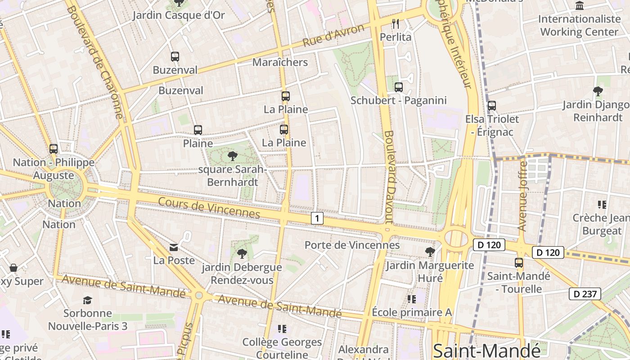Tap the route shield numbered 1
[x=317, y=219]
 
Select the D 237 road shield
[x=585, y=294]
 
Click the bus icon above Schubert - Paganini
[x=398, y=87]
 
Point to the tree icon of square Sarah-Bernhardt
[x=232, y=156]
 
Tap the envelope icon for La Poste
[x=174, y=247]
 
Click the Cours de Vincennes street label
[x=209, y=207]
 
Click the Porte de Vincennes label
[x=352, y=245]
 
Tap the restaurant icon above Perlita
[x=396, y=24]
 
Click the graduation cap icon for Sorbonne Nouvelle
[x=88, y=300]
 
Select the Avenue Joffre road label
[x=523, y=196]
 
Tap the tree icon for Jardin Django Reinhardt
[x=598, y=91]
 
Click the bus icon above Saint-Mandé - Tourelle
[x=519, y=262]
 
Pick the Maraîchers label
[x=280, y=62]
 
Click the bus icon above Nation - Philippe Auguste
[x=54, y=148]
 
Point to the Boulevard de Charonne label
[x=95, y=61]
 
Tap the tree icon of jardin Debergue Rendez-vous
[x=242, y=254]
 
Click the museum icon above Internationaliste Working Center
[x=580, y=5]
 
